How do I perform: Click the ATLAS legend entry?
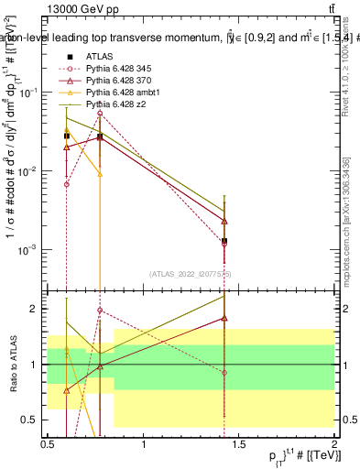[98, 56]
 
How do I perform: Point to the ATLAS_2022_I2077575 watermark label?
[191, 274]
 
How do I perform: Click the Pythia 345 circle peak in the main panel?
[100, 114]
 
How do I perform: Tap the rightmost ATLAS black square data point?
[224, 241]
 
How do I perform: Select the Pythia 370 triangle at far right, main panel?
[224, 222]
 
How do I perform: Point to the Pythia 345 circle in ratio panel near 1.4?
[224, 373]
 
